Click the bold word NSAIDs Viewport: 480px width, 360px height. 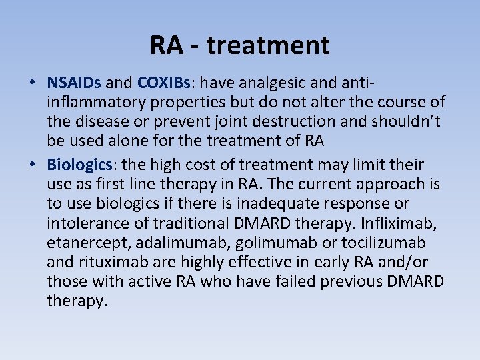point(74,83)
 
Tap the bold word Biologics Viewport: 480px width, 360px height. point(78,164)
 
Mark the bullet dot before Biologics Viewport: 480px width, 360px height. point(32,165)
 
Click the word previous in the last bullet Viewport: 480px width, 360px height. point(351,281)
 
